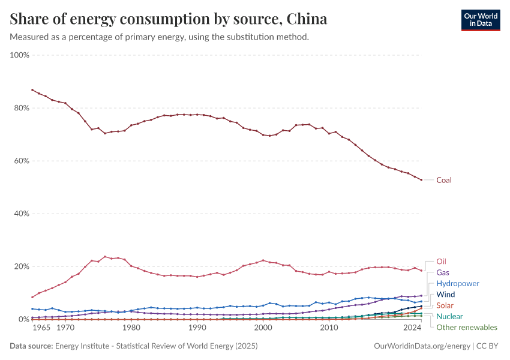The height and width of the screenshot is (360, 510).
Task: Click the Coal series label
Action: click(444, 180)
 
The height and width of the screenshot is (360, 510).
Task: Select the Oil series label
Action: click(441, 262)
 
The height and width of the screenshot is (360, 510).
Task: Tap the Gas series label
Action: click(443, 272)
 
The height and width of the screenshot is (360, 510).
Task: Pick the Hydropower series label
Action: click(458, 283)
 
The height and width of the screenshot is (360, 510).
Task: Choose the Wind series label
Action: click(445, 295)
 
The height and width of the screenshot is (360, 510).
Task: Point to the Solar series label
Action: click(445, 305)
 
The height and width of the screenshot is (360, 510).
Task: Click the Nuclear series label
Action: click(449, 316)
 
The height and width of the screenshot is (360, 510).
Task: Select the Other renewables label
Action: click(467, 328)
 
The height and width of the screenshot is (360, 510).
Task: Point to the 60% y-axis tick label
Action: click(22, 161)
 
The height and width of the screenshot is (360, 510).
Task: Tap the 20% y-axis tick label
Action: click(22, 266)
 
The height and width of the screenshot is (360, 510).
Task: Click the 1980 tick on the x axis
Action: click(131, 328)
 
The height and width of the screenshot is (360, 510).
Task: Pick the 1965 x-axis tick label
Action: click(41, 328)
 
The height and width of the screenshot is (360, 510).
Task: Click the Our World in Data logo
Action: click(481, 20)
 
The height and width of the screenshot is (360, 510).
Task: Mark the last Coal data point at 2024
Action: click(421, 180)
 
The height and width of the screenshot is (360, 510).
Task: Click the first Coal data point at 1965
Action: click(32, 90)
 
